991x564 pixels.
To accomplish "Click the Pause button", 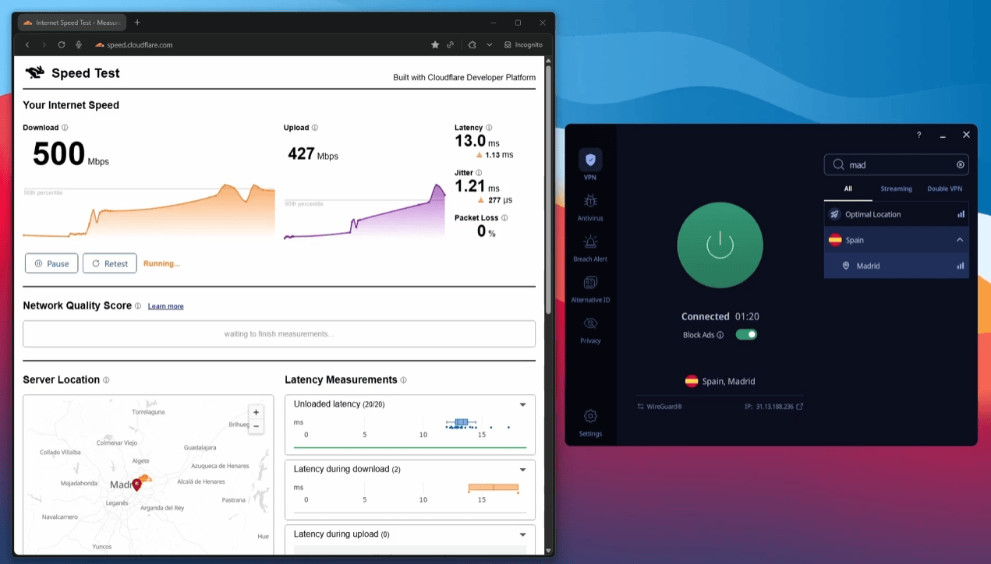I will point(51,263).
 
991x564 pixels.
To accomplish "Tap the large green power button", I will point(720,245).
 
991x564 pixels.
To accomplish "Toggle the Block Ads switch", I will point(746,335).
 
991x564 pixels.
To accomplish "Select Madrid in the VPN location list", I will point(868,266).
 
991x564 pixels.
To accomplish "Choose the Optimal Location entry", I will point(872,214).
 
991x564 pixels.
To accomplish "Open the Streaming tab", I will point(896,189).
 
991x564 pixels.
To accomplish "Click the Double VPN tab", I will point(944,189).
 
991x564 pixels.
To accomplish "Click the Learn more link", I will point(165,306).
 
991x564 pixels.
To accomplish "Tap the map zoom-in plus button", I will point(256,412).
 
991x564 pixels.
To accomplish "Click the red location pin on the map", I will point(136,484).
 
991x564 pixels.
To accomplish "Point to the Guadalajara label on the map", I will point(200,448).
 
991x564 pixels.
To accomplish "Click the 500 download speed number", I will point(58,154).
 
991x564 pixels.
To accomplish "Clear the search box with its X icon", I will point(961,165).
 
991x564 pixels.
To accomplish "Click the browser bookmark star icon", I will point(435,45).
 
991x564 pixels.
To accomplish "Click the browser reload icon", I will point(62,45).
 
